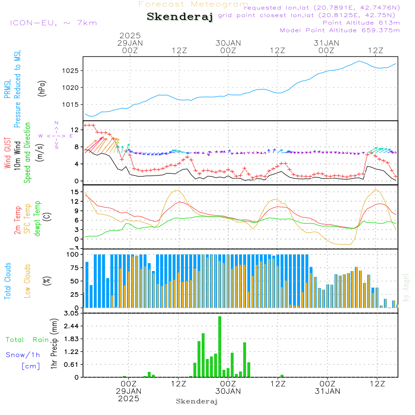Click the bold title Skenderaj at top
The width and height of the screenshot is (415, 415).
click(x=180, y=17)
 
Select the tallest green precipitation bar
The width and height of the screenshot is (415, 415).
click(x=220, y=347)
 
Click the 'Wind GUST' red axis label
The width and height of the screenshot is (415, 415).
click(x=7, y=154)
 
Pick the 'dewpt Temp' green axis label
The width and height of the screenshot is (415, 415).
click(x=37, y=219)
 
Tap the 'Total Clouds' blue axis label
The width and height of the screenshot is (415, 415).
click(x=7, y=281)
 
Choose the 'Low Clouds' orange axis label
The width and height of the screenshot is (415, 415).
click(x=27, y=281)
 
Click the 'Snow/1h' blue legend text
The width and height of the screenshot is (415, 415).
click(x=23, y=355)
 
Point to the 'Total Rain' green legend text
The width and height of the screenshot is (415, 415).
click(x=27, y=339)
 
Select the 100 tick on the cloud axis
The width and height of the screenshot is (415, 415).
click(x=73, y=254)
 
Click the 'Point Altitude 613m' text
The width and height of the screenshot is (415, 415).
click(x=361, y=22)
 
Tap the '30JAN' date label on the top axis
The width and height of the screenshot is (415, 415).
click(x=228, y=43)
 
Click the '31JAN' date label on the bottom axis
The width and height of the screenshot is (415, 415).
click(x=327, y=391)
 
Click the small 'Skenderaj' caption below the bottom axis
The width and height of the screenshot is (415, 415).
click(x=197, y=401)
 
